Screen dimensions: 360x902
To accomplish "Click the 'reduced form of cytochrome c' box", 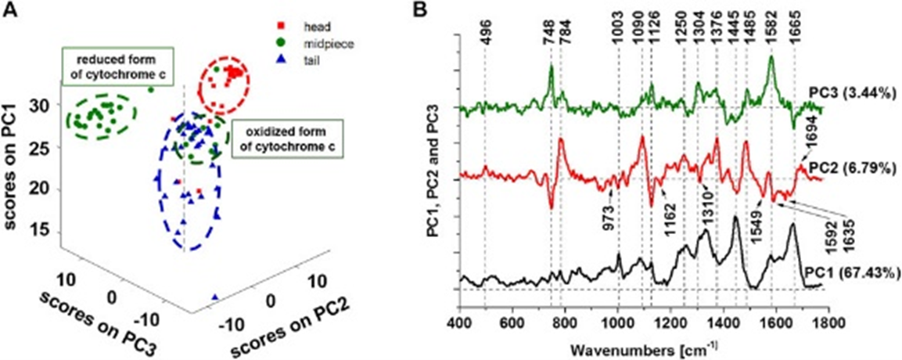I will (x=118, y=67).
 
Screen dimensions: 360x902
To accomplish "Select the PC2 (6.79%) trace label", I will (x=841, y=170).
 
